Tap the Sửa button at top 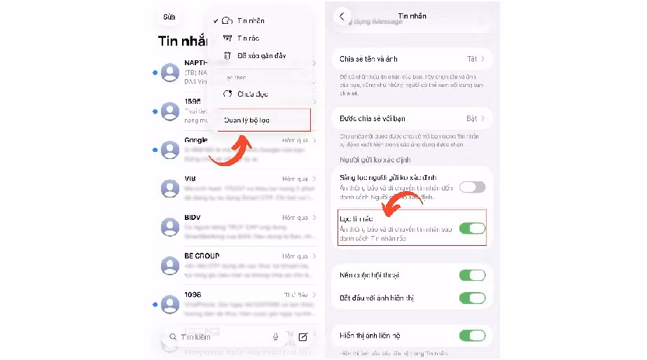(x=169, y=17)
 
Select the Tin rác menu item (x=249, y=39)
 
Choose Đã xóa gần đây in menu (x=261, y=56)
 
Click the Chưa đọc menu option (x=252, y=94)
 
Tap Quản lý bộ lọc (x=246, y=120)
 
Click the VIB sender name (x=190, y=179)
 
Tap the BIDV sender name (x=193, y=218)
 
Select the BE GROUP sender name (x=202, y=256)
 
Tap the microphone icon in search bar (x=276, y=337)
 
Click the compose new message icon (x=302, y=337)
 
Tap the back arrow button (x=342, y=16)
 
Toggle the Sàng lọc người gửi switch (x=472, y=187)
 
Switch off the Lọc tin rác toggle (x=472, y=228)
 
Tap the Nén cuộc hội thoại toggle (x=472, y=275)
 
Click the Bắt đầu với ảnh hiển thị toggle (x=472, y=298)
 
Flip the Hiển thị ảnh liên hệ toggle (x=472, y=336)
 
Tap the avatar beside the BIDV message (x=170, y=227)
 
